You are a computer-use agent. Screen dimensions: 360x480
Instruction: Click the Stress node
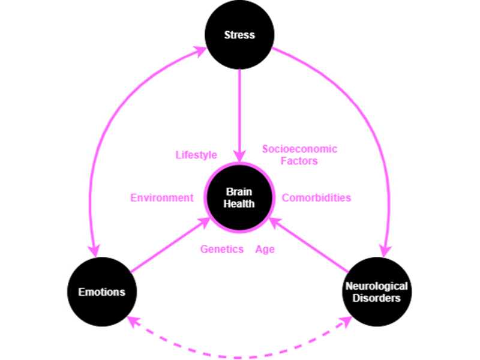click(x=239, y=35)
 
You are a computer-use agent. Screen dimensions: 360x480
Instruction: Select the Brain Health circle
click(x=240, y=197)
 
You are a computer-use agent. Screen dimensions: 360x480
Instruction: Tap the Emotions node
click(x=102, y=292)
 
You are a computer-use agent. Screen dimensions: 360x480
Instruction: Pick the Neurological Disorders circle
click(x=376, y=292)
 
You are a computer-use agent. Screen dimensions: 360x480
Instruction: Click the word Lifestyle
click(x=196, y=155)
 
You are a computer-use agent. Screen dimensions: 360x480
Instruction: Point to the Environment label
click(x=162, y=197)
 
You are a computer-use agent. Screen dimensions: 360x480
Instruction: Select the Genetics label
click(x=222, y=249)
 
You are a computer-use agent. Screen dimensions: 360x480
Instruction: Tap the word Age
click(x=265, y=249)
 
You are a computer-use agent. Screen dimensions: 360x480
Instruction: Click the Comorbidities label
click(x=316, y=197)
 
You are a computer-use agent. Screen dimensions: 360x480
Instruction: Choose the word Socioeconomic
click(x=299, y=149)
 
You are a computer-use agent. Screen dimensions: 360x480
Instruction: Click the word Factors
click(x=299, y=161)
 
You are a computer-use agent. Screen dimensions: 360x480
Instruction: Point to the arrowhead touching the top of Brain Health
click(x=240, y=157)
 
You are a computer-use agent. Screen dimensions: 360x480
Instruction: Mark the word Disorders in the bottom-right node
click(x=376, y=298)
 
